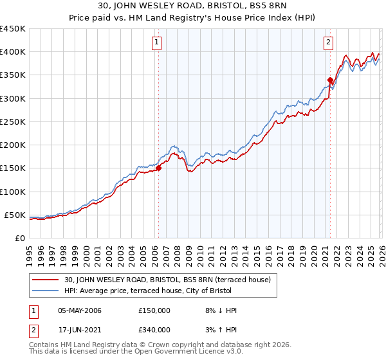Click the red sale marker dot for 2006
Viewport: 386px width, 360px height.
(158, 168)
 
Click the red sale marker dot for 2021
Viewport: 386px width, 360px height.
(330, 80)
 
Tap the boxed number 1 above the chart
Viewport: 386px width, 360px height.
(157, 43)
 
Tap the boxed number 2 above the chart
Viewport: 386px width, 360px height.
(328, 43)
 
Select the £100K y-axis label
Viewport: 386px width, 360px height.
(13, 192)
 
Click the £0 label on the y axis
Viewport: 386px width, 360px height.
(19, 238)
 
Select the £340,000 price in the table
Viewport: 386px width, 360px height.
(154, 329)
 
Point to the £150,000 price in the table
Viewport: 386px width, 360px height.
(154, 310)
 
